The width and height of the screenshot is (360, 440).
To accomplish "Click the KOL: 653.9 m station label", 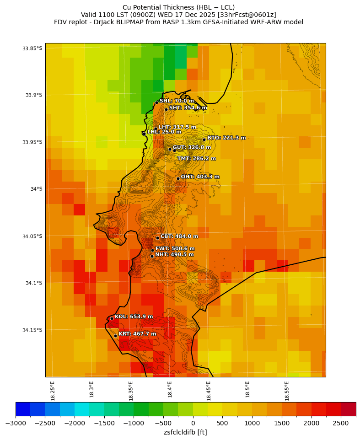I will pyautogui.click(x=134, y=317).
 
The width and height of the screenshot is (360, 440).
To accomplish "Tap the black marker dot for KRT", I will pyautogui.click(x=115, y=336).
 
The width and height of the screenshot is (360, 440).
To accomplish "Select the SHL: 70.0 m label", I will pyautogui.click(x=176, y=101).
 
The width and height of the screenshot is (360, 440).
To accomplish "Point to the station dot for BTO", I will pyautogui.click(x=204, y=140).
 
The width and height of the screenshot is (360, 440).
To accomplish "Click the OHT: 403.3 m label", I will pyautogui.click(x=200, y=177).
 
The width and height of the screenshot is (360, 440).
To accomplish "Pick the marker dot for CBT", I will pyautogui.click(x=157, y=238).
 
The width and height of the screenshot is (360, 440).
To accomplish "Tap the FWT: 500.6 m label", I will pyautogui.click(x=175, y=249).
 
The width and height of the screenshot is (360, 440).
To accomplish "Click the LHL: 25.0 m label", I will pyautogui.click(x=164, y=132).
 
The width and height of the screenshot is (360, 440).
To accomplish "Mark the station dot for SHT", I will pyautogui.click(x=166, y=109).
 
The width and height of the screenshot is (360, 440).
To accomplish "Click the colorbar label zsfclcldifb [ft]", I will pyautogui.click(x=185, y=432).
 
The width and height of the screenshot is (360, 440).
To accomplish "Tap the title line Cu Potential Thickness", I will pyautogui.click(x=178, y=7).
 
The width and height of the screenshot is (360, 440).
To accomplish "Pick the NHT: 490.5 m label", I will pyautogui.click(x=174, y=255).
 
